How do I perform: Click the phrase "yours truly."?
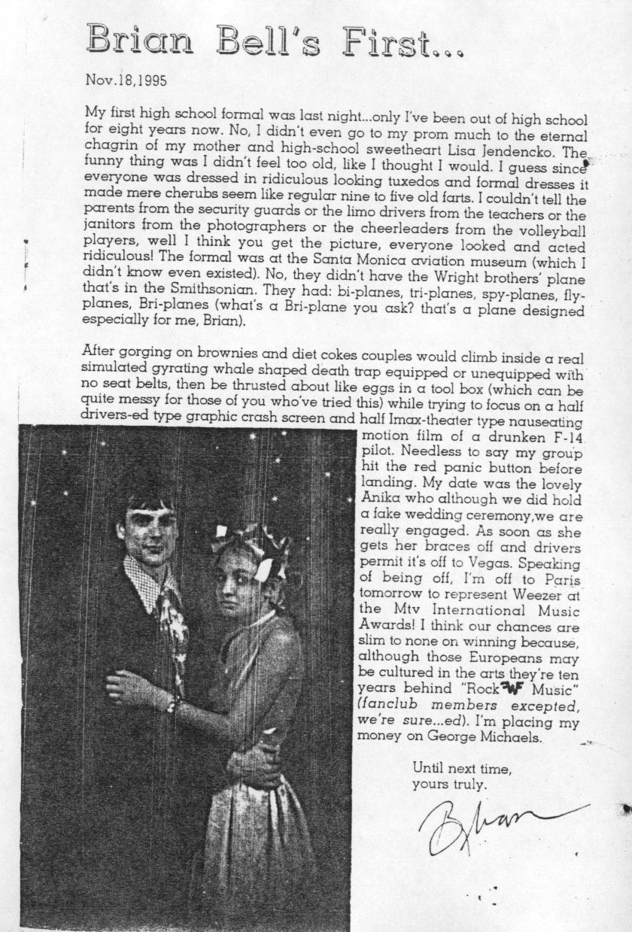(x=449, y=785)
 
